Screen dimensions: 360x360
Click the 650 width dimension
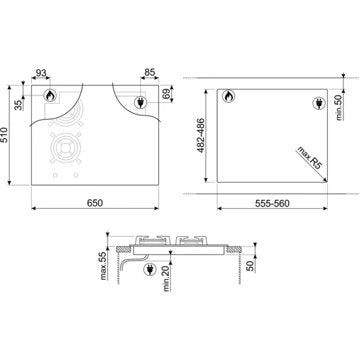click(92, 204)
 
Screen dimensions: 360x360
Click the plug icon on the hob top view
click(141, 101)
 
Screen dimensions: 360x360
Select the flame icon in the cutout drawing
click(227, 97)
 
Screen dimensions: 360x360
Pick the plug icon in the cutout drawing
click(320, 102)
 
